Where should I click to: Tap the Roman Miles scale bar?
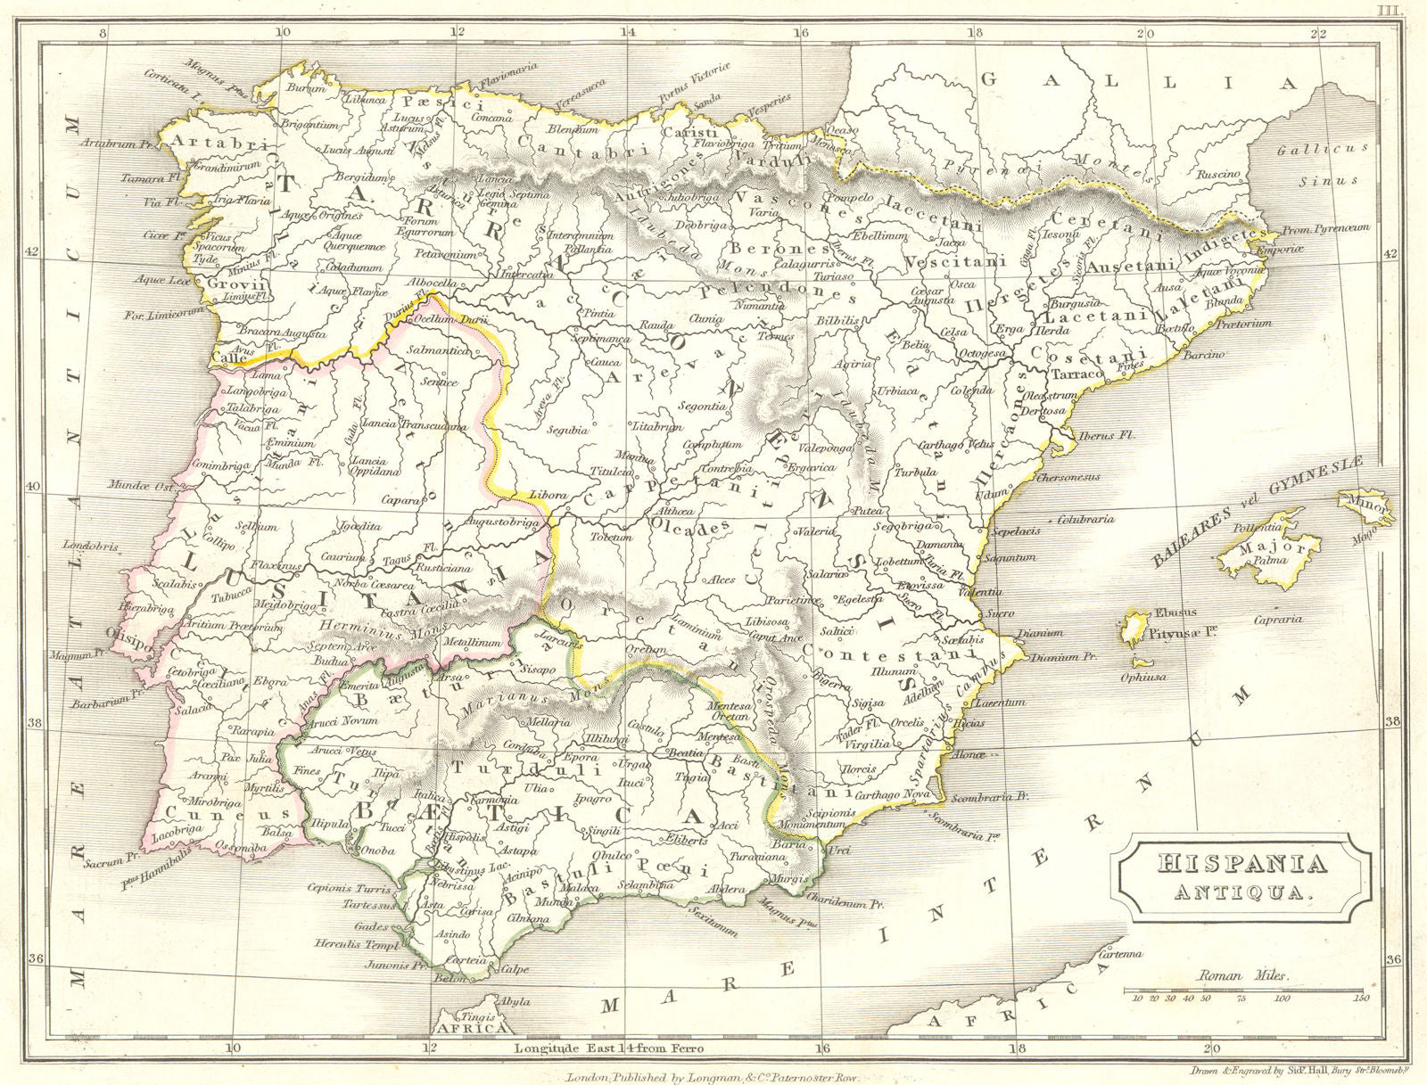(x=1242, y=990)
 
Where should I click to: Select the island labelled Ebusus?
(x=1134, y=626)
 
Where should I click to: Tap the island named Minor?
(x=1365, y=506)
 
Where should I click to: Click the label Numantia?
(x=758, y=306)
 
